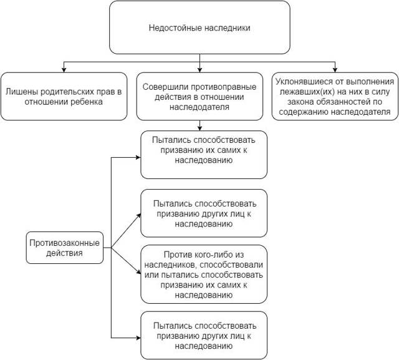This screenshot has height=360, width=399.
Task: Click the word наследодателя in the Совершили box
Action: [199, 107]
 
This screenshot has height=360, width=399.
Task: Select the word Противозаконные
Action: [64, 243]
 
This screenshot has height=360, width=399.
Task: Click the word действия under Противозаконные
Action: [64, 253]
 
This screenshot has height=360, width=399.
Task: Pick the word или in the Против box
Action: [151, 275]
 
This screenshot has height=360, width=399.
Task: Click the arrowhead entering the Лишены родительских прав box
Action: [64, 70]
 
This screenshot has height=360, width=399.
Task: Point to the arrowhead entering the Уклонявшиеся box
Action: [335, 70]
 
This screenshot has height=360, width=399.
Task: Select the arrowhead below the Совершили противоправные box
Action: [199, 128]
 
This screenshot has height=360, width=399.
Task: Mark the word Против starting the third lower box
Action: [178, 255]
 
